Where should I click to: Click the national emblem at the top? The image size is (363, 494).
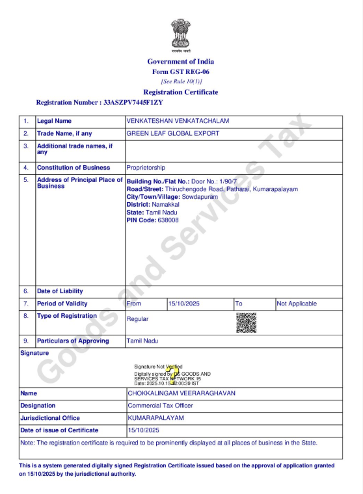point(181,34)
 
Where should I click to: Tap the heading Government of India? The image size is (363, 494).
point(180,62)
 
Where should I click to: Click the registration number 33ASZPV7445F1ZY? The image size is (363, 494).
point(133,103)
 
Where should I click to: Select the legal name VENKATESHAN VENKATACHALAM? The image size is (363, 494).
point(178,121)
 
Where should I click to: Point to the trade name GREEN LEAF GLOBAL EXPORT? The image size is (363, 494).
point(172,133)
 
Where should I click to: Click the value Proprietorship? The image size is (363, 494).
point(146,168)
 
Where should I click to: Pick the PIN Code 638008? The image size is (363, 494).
point(160,220)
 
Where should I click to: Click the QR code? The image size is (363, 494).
point(245,322)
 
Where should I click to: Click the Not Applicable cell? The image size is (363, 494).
point(297,304)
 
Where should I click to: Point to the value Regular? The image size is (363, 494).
point(137,319)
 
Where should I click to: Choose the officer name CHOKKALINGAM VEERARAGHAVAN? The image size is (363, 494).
point(181,393)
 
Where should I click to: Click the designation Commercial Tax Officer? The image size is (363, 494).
point(162,406)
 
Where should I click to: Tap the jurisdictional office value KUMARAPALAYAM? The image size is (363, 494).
point(156,418)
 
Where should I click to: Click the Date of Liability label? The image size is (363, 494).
point(60,291)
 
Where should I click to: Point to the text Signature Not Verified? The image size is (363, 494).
point(158,367)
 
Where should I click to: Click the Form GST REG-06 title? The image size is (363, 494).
point(180,71)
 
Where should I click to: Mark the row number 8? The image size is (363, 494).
point(26,316)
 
